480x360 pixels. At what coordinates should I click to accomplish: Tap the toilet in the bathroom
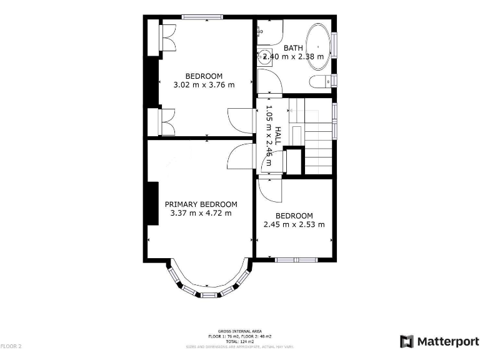pos(321,81)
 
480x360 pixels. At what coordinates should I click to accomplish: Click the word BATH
pos(293,47)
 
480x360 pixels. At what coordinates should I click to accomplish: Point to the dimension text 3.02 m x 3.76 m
pos(204,85)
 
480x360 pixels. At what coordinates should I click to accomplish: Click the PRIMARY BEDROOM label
pos(201,204)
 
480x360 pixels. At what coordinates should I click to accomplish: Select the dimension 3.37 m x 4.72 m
pos(201,213)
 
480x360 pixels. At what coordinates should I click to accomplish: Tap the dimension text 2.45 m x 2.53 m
pos(294,224)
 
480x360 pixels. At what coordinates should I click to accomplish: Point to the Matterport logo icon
pos(407,341)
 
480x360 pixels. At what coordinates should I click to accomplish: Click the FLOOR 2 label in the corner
pos(11,346)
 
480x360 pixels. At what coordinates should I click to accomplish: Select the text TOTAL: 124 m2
pos(240,341)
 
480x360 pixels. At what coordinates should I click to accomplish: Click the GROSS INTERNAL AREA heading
pos(240,331)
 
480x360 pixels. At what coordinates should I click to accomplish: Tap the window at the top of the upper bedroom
pos(201,17)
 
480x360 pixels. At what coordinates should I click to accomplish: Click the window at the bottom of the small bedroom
pos(297,259)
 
